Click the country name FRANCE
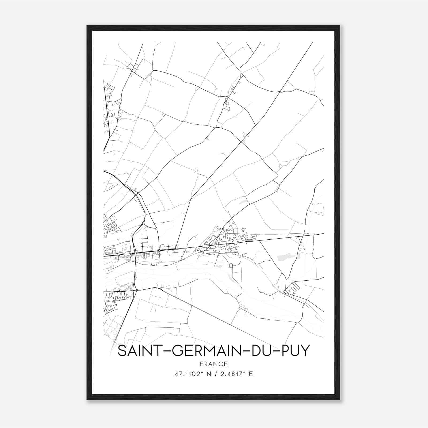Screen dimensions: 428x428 [213, 364]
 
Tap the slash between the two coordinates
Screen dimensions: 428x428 [217, 374]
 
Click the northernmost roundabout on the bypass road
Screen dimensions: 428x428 [138, 193]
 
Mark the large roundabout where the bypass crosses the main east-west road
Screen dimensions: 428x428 [136, 253]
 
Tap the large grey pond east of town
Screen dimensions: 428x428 [286, 257]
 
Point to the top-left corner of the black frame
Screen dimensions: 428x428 [87, 26]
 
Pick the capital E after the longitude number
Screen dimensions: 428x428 [251, 374]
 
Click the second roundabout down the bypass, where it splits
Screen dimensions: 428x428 [143, 223]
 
